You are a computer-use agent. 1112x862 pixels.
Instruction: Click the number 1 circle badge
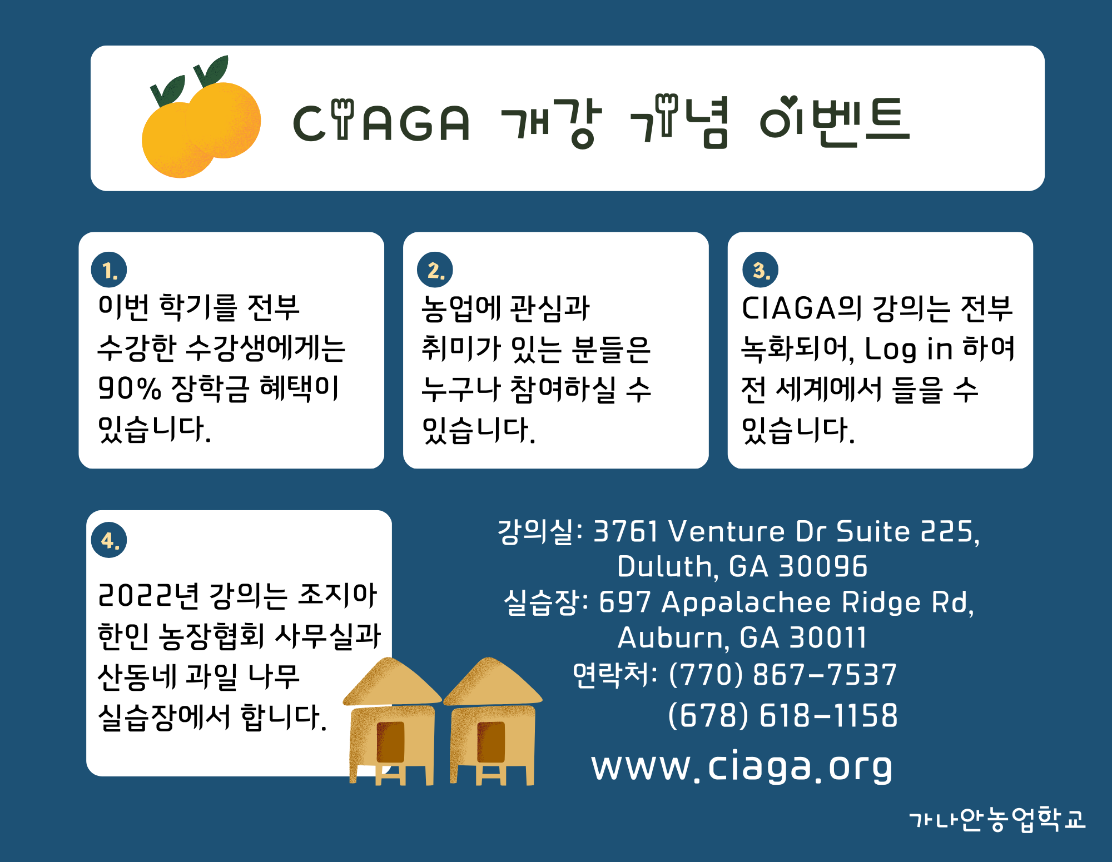109,270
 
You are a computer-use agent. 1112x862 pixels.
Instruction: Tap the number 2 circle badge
435,270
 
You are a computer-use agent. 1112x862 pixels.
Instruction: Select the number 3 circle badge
760,270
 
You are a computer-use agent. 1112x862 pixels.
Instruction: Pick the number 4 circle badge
109,540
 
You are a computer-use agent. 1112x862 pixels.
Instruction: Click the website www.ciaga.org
742,766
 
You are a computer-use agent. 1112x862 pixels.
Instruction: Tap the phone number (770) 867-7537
782,675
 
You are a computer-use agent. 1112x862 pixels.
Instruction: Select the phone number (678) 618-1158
782,715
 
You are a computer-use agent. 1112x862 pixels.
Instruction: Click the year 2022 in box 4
136,595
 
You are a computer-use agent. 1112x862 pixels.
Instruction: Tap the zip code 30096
823,566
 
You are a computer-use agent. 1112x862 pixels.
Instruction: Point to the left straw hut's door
390,742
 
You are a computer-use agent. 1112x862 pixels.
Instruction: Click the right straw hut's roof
492,682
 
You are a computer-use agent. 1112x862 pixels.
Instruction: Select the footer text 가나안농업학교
997,819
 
